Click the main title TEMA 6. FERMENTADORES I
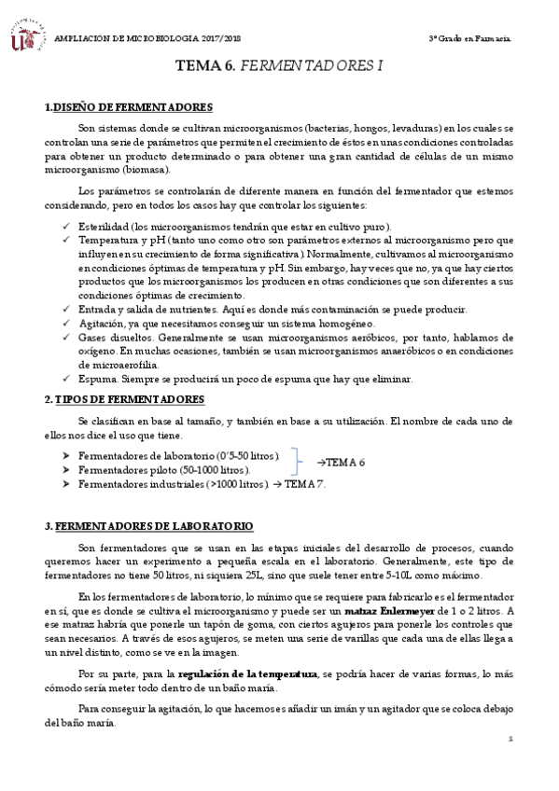279,68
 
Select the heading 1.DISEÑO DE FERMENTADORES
129,108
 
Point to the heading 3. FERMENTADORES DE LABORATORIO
148,527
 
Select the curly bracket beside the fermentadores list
299,462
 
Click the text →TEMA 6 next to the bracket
341,462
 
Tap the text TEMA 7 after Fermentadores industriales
305,484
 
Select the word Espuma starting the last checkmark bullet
95,379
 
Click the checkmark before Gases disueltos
67,336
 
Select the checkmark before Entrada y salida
67,309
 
